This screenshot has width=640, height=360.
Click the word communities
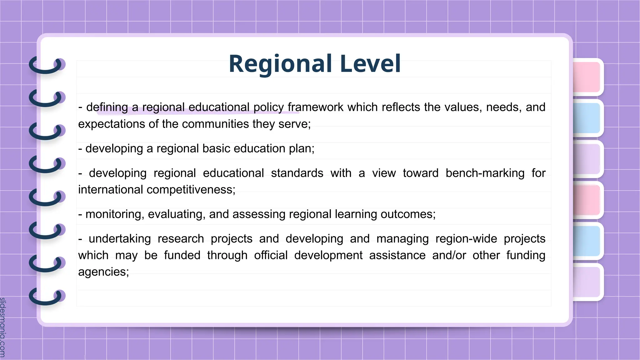point(215,124)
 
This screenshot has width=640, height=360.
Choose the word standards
point(297,173)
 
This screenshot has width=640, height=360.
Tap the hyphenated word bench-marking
point(485,173)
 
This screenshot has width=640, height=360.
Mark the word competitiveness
point(191,190)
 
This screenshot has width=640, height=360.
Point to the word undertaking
point(120,239)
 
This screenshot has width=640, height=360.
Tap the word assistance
point(397,255)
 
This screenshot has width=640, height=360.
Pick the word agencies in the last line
point(103,272)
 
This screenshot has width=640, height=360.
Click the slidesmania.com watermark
point(3,327)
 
